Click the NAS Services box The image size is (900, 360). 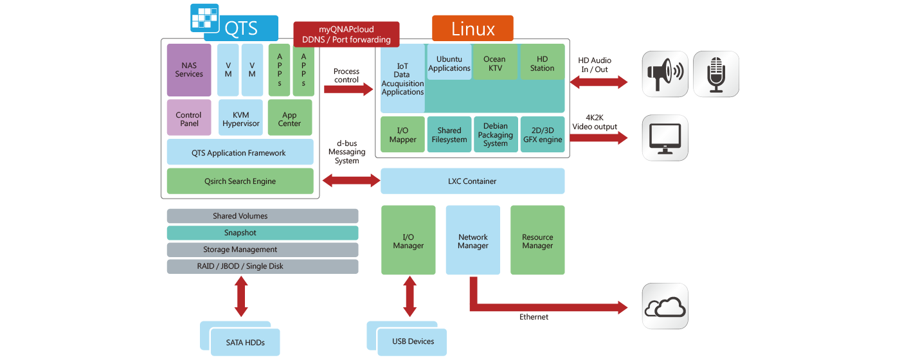click(x=189, y=69)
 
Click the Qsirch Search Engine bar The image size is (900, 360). click(x=240, y=181)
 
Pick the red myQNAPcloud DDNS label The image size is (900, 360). click(x=346, y=34)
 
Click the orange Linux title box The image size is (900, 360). click(x=473, y=29)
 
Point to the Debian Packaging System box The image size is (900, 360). click(x=495, y=134)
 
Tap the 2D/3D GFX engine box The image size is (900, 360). click(x=542, y=134)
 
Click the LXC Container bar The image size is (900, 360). click(x=473, y=181)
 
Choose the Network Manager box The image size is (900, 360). click(x=473, y=240)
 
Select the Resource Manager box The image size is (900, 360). click(x=537, y=240)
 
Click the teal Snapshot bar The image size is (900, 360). click(x=262, y=233)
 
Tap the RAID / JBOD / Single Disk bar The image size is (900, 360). click(x=262, y=266)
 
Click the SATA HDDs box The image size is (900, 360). click(x=245, y=342)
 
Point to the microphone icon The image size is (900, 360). click(x=715, y=74)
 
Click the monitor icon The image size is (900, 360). click(x=665, y=138)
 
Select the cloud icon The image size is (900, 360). click(x=665, y=307)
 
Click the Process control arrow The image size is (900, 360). click(x=348, y=89)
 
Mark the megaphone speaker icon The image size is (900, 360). click(x=665, y=74)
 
